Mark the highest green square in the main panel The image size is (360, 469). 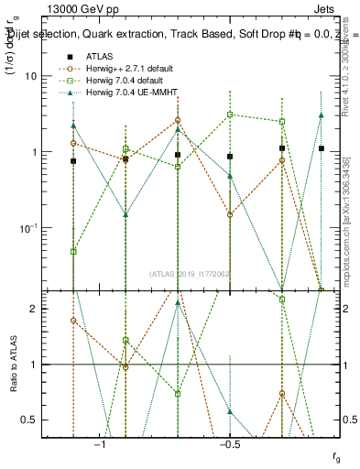click(230, 115)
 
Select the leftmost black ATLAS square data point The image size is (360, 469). click(73, 161)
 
